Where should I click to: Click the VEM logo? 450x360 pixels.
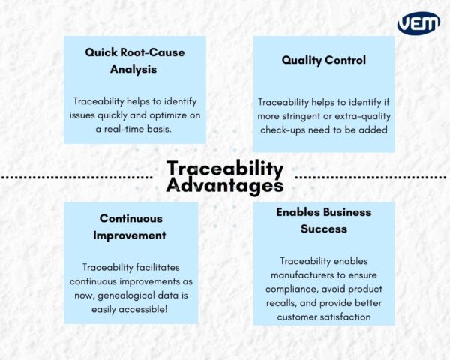click(418, 23)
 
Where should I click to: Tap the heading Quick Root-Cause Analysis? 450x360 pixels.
click(135, 61)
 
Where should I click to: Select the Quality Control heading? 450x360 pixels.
click(323, 59)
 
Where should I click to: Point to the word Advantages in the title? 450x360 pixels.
click(225, 184)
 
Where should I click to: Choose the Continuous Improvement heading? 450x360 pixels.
click(131, 226)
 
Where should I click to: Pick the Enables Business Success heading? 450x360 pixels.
click(324, 220)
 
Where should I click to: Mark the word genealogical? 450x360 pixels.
click(122, 295)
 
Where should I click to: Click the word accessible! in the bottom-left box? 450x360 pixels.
click(157, 308)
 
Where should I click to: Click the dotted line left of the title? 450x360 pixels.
click(76, 178)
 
